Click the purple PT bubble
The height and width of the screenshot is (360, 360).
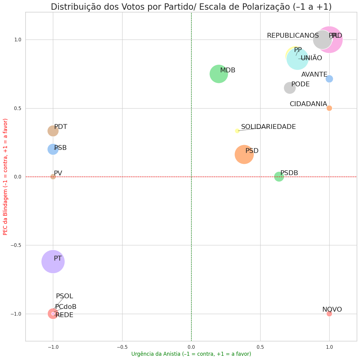53,261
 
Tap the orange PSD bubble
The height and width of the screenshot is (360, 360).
244,154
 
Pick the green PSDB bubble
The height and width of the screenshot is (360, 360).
279,177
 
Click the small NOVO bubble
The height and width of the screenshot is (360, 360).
329,313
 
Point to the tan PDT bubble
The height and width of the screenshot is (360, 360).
53,131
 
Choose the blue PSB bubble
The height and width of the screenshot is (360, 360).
53,149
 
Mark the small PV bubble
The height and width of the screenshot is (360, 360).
53,177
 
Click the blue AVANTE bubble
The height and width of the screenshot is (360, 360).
329,79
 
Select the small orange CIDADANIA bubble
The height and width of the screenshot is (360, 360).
329,108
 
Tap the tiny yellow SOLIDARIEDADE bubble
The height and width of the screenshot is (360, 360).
237,131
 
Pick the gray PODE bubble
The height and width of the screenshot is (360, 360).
290,88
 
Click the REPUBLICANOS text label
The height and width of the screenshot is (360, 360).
292,36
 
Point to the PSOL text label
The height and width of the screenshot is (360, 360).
64,296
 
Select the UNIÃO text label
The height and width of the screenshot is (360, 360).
311,58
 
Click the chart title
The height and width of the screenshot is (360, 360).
191,7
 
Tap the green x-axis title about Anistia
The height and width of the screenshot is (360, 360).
191,354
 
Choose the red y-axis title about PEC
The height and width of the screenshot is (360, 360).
5,177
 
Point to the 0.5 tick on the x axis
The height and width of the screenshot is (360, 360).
260,347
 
